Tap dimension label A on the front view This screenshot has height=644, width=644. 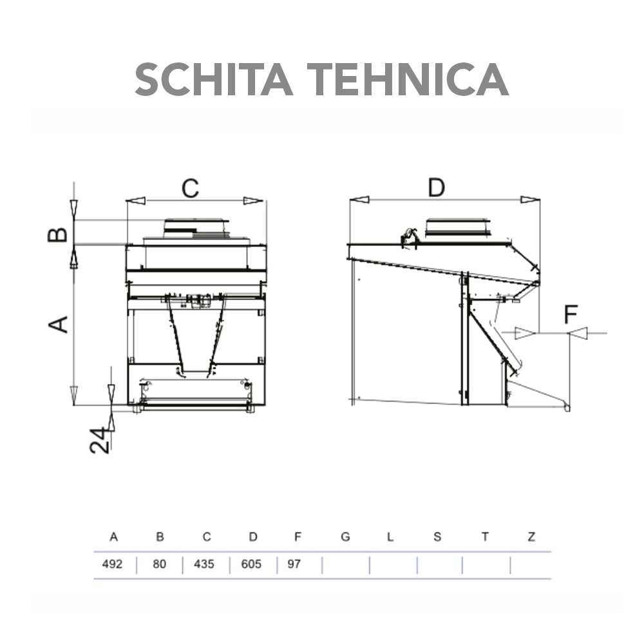pyautogui.click(x=59, y=324)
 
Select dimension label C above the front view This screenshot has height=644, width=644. pyautogui.click(x=189, y=188)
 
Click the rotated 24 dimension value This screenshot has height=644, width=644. pyautogui.click(x=99, y=440)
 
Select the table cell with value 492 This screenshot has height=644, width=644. pyautogui.click(x=113, y=564)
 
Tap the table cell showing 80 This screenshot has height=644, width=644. pyautogui.click(x=160, y=564)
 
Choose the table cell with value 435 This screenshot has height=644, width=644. pyautogui.click(x=204, y=564)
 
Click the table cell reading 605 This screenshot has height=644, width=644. pyautogui.click(x=251, y=564)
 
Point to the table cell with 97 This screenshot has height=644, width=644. pyautogui.click(x=294, y=564)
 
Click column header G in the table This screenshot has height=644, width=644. pyautogui.click(x=345, y=537)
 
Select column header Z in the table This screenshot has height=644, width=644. pyautogui.click(x=531, y=537)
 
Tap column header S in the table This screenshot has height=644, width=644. pyautogui.click(x=437, y=537)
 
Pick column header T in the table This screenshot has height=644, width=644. pyautogui.click(x=485, y=537)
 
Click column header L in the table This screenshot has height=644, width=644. pyautogui.click(x=390, y=537)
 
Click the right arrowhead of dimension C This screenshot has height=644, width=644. pyautogui.click(x=254, y=201)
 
